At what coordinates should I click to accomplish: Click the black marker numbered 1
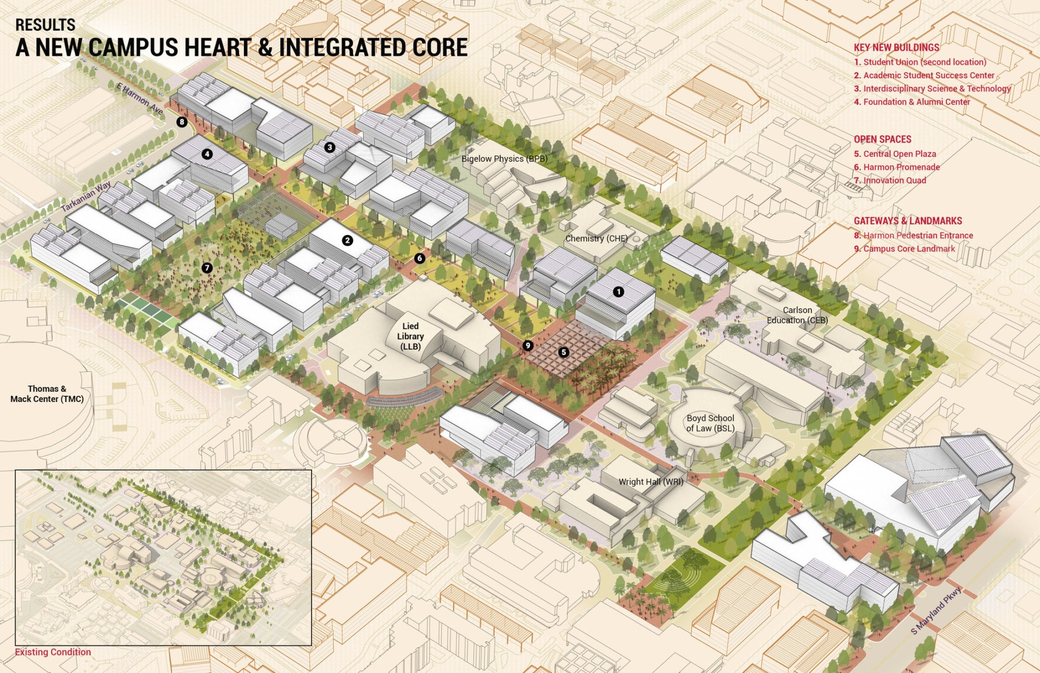pyautogui.click(x=618, y=292)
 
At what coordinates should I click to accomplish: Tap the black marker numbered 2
pyautogui.click(x=347, y=240)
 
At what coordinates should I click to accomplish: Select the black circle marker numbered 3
pyautogui.click(x=329, y=147)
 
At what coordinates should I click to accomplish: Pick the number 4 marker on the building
pyautogui.click(x=207, y=154)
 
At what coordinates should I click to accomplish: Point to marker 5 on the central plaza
pyautogui.click(x=563, y=352)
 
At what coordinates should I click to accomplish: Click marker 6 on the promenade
pyautogui.click(x=419, y=258)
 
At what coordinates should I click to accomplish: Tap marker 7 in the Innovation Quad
pyautogui.click(x=207, y=268)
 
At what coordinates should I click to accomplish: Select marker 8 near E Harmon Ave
pyautogui.click(x=182, y=122)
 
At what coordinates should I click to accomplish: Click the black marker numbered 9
pyautogui.click(x=528, y=345)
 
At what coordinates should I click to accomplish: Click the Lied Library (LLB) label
pyautogui.click(x=410, y=336)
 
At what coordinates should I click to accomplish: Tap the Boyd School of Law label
pyautogui.click(x=710, y=423)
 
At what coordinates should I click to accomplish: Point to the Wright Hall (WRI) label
pyautogui.click(x=651, y=482)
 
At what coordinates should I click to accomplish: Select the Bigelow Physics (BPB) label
pyautogui.click(x=504, y=159)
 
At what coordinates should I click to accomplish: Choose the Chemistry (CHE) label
pyautogui.click(x=596, y=239)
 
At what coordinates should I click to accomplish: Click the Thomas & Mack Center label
pyautogui.click(x=47, y=394)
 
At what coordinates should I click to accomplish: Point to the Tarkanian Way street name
pyautogui.click(x=87, y=196)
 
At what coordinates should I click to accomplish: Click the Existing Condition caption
pyautogui.click(x=53, y=652)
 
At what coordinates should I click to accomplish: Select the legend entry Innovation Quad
pyautogui.click(x=894, y=180)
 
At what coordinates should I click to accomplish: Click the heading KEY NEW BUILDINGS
pyautogui.click(x=896, y=47)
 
